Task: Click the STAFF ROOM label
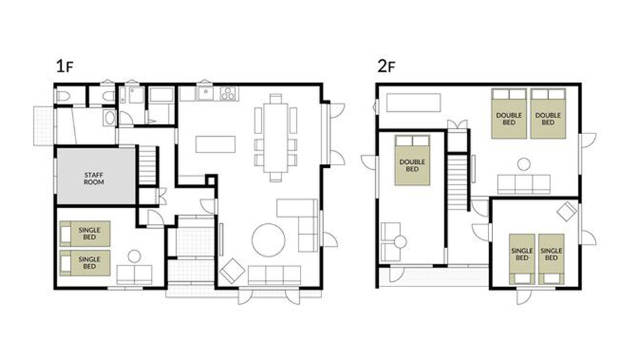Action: coord(94,179)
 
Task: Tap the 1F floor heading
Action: coord(65,66)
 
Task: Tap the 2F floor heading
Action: coord(386,66)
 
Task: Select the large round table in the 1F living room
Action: coord(269,240)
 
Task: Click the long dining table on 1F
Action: coord(276,138)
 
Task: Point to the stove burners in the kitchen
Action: coord(228,94)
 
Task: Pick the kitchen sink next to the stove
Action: coord(205,94)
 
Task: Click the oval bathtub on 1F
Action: coord(110,118)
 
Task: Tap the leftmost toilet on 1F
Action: coord(63,96)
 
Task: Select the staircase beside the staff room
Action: coord(148,165)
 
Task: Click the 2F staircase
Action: coord(457,182)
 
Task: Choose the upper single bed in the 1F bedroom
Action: coord(85,234)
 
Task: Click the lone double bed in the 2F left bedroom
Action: coord(412,160)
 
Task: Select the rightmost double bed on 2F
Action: coord(548,114)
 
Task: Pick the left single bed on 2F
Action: coord(522,259)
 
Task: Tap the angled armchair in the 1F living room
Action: coord(232,270)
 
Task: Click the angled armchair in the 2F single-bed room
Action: coord(567,211)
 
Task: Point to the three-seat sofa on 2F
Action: coord(523,184)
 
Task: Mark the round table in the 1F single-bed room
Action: coord(134,256)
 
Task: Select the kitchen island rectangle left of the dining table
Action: coord(215,144)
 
